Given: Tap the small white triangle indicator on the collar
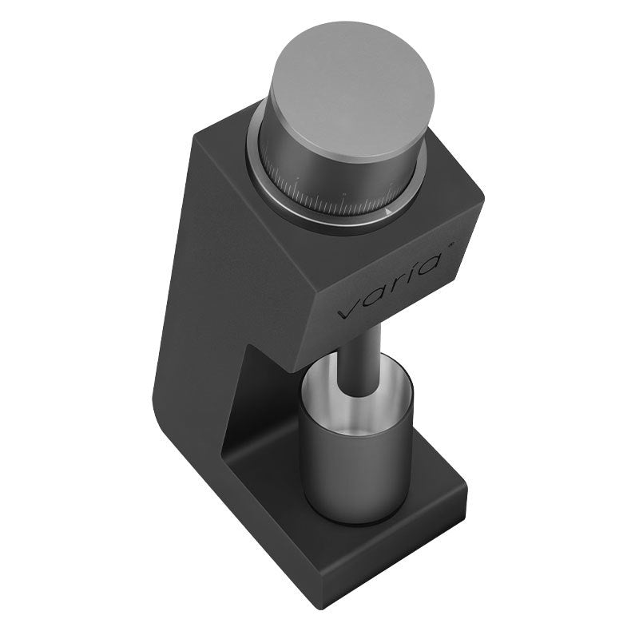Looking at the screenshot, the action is [387, 212].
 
